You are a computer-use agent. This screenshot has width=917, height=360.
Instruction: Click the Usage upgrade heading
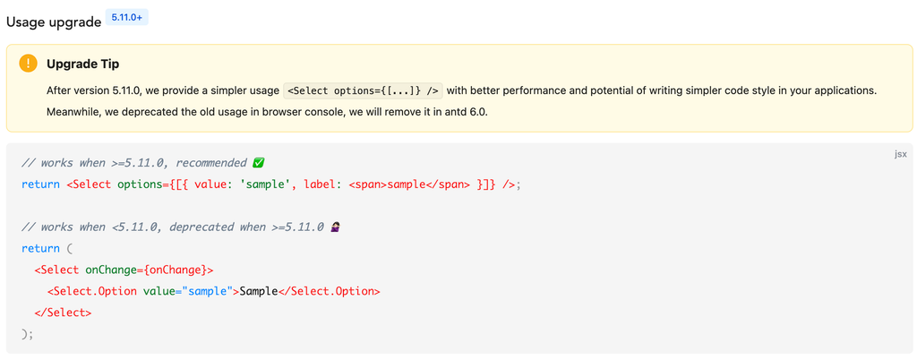pos(54,21)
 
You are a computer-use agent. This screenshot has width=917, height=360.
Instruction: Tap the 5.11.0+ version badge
pos(127,17)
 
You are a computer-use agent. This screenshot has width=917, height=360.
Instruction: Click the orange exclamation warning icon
pos(29,64)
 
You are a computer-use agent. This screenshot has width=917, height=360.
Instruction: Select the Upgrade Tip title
pos(82,64)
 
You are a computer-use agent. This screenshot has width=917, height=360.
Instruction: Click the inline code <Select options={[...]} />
pos(363,90)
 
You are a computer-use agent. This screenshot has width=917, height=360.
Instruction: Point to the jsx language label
pos(900,154)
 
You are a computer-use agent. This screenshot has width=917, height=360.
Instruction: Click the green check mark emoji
pos(259,163)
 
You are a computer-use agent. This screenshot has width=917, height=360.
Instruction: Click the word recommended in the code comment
pos(211,163)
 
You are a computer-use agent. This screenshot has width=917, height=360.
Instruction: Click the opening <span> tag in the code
pos(367,184)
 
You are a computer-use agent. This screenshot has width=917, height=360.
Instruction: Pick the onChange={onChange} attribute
pos(149,270)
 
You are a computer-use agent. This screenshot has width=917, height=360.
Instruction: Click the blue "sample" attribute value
pos(206,291)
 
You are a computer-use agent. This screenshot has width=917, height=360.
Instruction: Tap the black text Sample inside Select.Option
pos(259,291)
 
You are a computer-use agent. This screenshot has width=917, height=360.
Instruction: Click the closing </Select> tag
pos(63,313)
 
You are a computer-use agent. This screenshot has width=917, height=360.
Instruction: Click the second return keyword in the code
pos(40,248)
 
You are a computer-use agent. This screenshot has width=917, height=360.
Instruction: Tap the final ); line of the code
pos(27,334)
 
